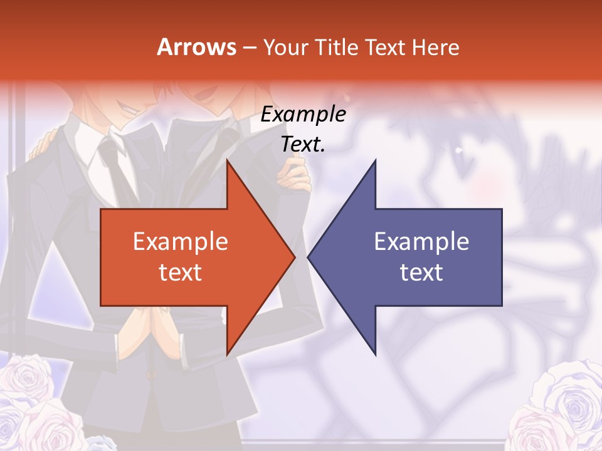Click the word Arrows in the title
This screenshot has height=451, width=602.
point(197,47)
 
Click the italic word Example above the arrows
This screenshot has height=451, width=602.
point(303,115)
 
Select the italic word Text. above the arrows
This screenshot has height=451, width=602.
point(303,145)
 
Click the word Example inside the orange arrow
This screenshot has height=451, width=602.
point(181,242)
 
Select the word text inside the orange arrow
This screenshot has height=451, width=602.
point(181,272)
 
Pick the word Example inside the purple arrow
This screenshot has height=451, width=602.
point(421,242)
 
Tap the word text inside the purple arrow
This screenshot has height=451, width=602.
point(421,272)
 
